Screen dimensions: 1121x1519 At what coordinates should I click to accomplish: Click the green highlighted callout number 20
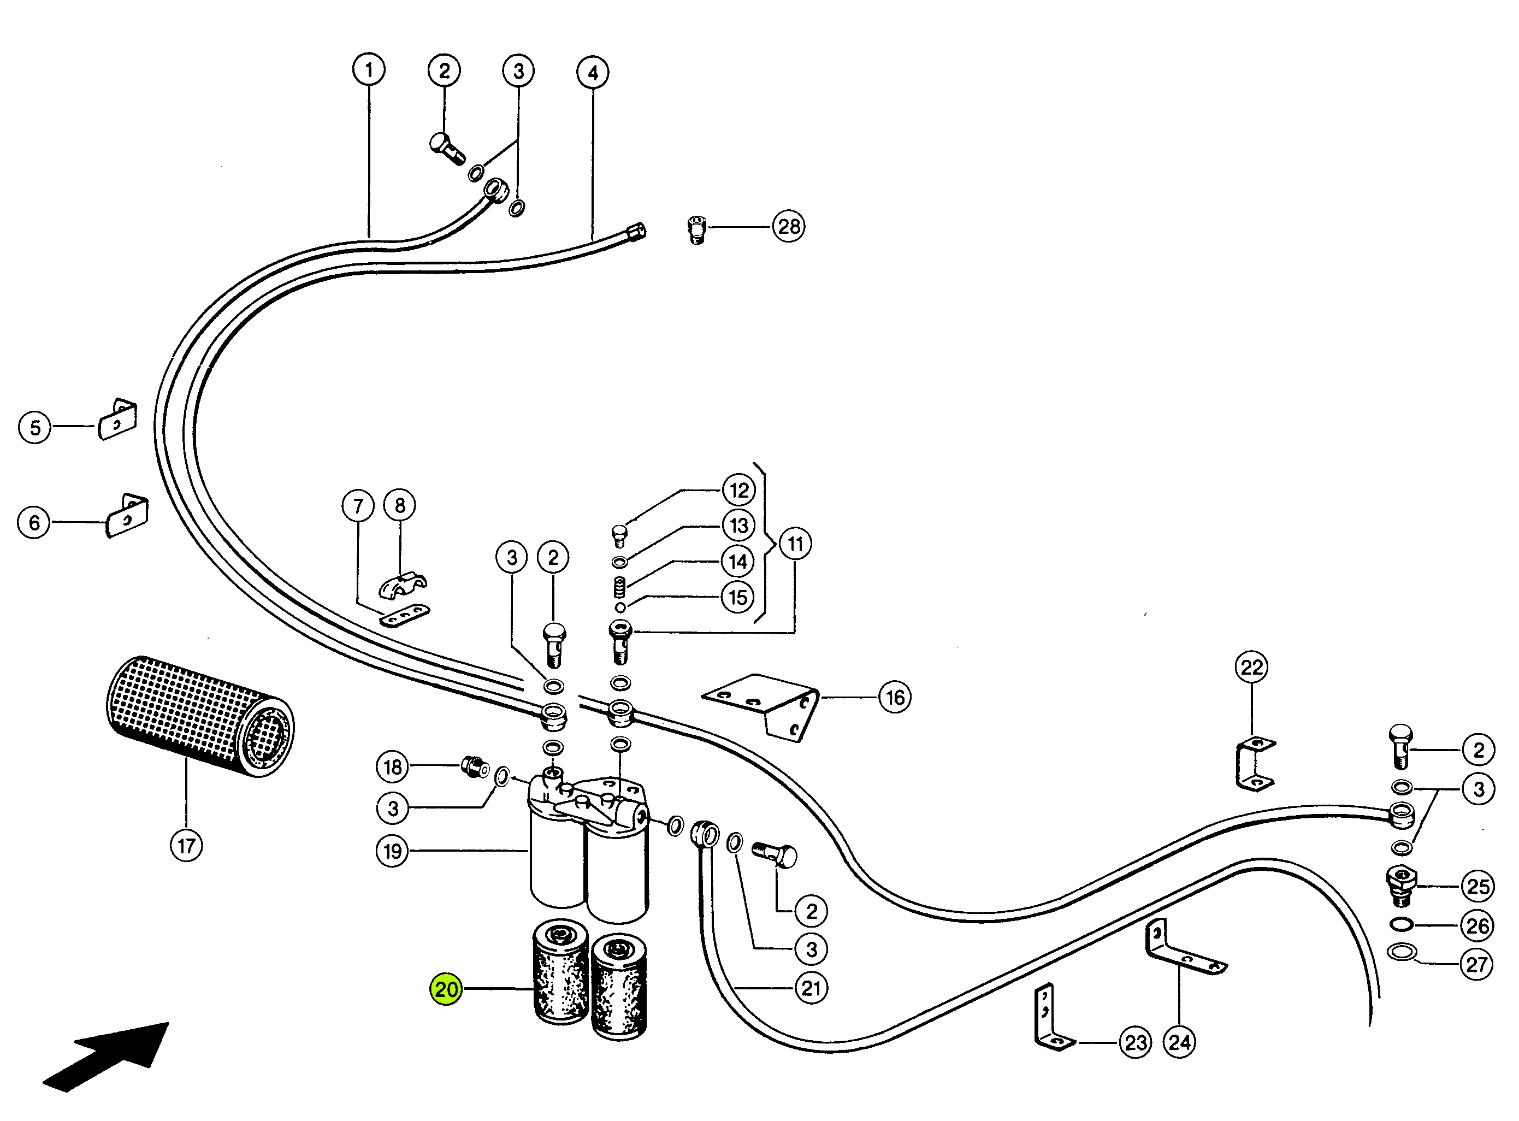tap(446, 989)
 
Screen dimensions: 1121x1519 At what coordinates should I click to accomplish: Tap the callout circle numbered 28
tap(788, 226)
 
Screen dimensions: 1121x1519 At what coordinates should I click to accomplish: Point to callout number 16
tap(894, 697)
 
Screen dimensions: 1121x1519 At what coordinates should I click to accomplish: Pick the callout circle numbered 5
tap(34, 428)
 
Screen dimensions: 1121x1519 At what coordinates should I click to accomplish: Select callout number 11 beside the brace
tap(795, 544)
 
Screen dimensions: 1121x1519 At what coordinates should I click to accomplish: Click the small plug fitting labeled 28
tap(697, 229)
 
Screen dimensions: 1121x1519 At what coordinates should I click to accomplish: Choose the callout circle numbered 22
tap(1252, 668)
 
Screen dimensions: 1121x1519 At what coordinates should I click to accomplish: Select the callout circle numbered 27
tap(1477, 964)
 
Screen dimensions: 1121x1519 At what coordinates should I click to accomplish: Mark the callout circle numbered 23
tap(1136, 1042)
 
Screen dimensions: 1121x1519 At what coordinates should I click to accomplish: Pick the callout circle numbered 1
tap(369, 70)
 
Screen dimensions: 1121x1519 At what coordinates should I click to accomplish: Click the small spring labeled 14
tap(619, 587)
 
